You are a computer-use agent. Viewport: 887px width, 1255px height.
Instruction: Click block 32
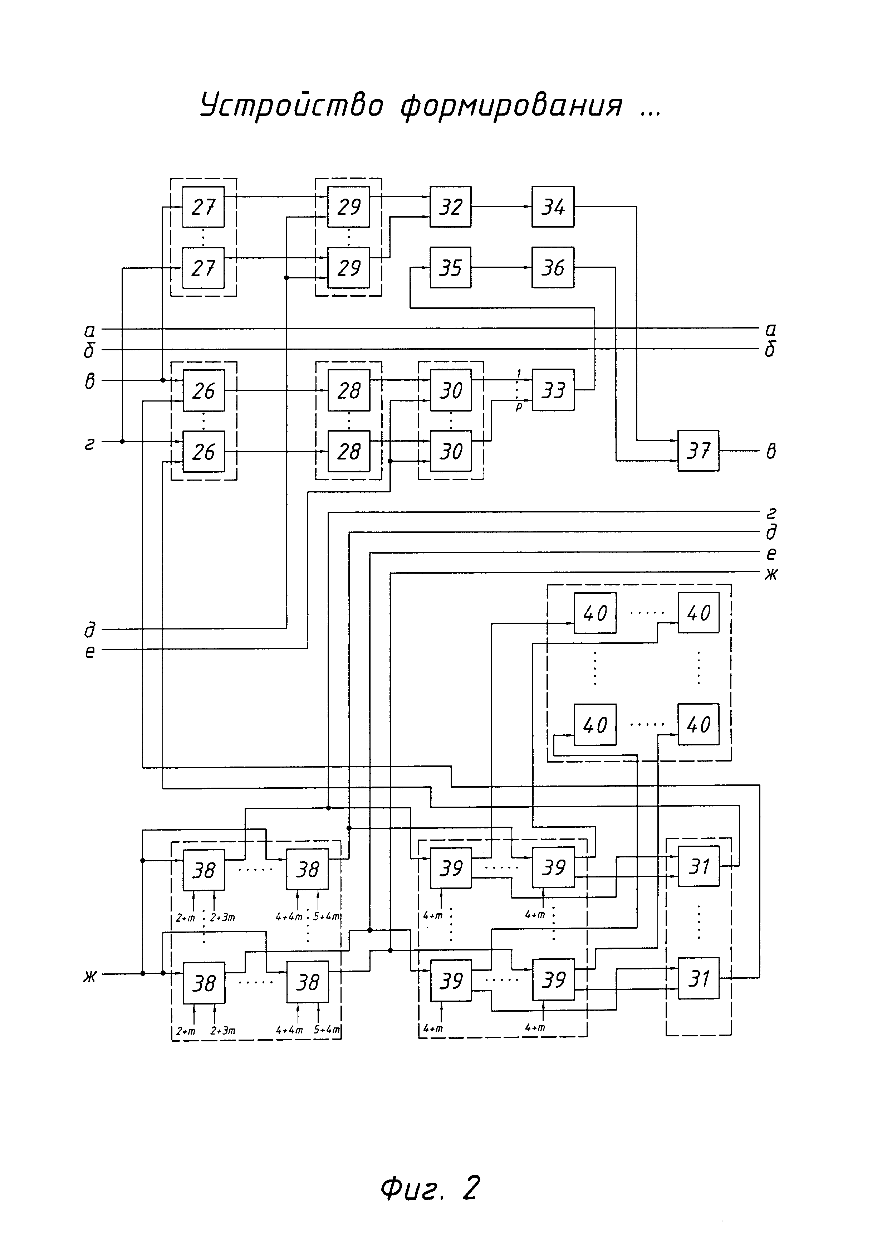point(451,206)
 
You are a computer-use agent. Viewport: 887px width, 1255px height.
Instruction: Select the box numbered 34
point(553,206)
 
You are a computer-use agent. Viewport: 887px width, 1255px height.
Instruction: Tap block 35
point(451,267)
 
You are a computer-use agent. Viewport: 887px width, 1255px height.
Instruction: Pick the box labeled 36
point(553,267)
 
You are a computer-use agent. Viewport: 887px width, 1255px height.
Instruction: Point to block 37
point(699,451)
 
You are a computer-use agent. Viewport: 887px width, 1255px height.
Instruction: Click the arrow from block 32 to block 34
point(501,206)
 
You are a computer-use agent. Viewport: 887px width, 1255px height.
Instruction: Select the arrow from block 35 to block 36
point(501,267)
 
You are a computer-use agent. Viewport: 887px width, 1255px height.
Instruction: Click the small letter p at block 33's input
point(519,407)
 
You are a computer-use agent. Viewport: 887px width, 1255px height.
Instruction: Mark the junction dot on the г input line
point(122,441)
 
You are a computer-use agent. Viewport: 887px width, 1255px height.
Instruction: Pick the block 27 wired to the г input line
point(204,267)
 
